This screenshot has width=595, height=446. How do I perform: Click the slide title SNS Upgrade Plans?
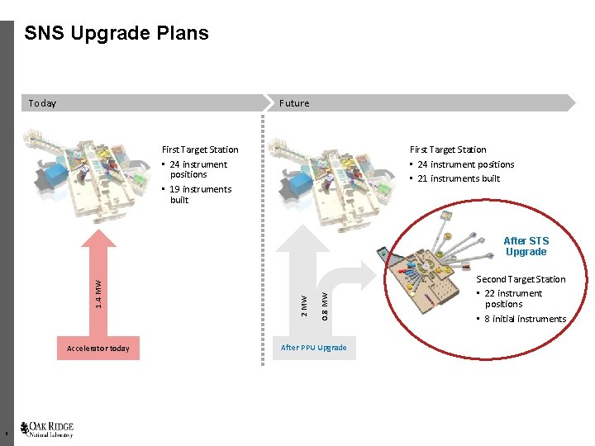(117, 34)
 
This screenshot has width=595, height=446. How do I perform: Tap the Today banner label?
(42, 103)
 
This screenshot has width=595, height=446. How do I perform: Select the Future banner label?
(294, 103)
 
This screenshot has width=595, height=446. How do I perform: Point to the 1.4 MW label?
(98, 295)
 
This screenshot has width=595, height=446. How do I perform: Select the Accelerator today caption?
(98, 349)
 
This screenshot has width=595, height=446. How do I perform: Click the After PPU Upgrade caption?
(313, 348)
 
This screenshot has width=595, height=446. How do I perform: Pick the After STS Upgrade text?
(526, 246)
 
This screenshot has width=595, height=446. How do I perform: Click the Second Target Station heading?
(521, 279)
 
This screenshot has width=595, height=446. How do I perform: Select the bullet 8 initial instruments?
(525, 319)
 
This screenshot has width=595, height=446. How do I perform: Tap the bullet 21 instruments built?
(459, 178)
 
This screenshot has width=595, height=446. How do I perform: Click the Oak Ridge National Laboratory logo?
(47, 429)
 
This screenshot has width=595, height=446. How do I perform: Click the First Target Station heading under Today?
(200, 149)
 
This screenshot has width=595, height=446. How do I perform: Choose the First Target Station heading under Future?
(448, 149)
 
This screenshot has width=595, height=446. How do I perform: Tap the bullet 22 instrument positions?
(513, 298)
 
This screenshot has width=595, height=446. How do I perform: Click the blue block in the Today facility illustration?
(56, 174)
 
